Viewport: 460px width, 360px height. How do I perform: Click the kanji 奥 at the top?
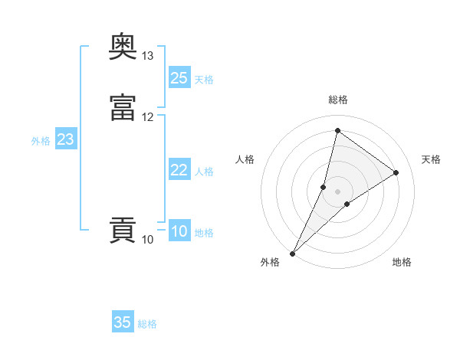click(123, 48)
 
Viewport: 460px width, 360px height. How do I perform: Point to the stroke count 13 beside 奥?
click(148, 56)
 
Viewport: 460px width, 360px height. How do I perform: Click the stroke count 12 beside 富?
click(148, 117)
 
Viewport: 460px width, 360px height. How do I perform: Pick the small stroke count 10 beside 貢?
click(148, 240)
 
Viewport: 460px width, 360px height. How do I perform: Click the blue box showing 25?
click(179, 78)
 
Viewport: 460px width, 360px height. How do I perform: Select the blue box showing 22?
click(179, 170)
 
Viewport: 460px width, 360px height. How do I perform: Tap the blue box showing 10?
click(179, 231)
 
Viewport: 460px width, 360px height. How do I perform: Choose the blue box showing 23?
click(66, 139)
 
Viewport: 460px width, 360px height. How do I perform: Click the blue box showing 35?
click(123, 322)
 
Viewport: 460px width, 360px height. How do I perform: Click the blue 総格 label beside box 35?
click(147, 324)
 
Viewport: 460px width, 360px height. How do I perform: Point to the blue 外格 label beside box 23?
click(41, 141)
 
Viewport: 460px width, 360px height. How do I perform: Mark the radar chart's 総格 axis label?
click(338, 100)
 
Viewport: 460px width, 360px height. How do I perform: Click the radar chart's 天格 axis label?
click(431, 159)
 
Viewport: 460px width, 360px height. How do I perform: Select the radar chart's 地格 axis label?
click(402, 262)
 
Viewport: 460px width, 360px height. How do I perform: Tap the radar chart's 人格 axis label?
click(245, 159)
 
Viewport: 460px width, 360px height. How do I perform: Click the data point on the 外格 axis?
click(292, 254)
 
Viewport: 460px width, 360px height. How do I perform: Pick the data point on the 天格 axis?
click(396, 172)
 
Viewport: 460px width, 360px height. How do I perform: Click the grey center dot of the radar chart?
click(338, 191)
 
